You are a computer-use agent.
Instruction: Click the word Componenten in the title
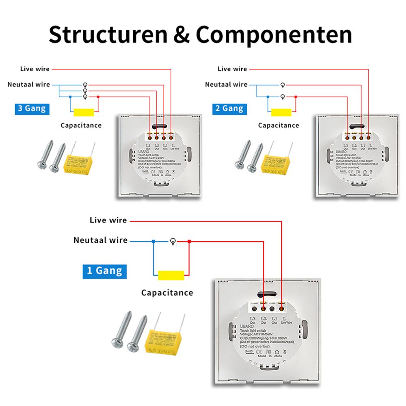274,35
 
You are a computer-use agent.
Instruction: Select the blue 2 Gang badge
230,108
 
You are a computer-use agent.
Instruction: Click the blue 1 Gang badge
104,270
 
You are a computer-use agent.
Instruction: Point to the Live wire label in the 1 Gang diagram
108,220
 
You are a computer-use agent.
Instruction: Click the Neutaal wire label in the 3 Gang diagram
29,84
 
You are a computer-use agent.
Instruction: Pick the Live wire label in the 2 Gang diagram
232,69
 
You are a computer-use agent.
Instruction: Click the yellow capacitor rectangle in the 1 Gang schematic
171,275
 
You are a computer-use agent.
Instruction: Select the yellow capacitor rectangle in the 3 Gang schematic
84,112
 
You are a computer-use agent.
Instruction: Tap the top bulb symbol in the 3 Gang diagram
85,84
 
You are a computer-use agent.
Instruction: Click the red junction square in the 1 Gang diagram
189,242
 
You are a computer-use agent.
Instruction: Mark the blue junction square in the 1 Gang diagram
153,242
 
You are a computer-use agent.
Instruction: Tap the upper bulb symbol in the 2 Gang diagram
283,84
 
